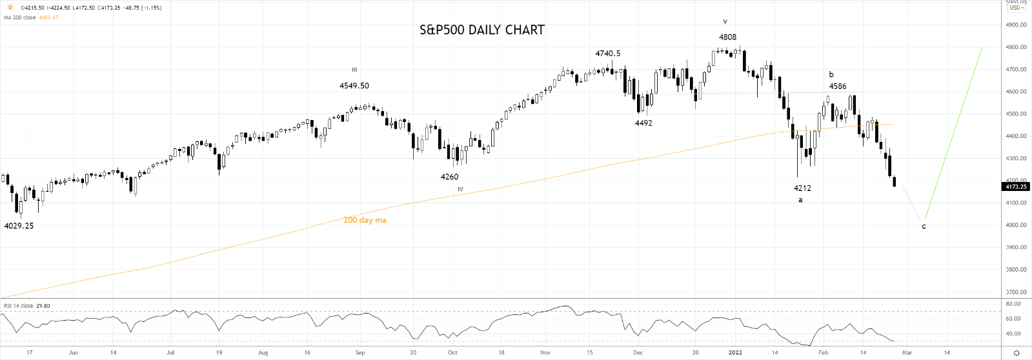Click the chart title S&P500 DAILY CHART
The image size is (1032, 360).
pos(482,30)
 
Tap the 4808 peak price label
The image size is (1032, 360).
pos(727,37)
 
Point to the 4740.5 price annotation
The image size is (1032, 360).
pos(607,54)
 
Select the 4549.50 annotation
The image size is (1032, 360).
pos(354,86)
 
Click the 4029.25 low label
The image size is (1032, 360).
pos(19,226)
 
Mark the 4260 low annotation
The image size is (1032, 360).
pos(449,177)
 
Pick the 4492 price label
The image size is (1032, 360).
pos(643,123)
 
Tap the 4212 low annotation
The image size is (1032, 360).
pos(802,188)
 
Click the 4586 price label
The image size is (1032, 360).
pos(838,86)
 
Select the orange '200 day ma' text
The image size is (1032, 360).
pos(365,220)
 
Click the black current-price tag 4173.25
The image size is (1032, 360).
pos(1016,187)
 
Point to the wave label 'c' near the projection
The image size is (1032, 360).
pos(924,226)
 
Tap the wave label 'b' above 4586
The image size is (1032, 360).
pos(831,75)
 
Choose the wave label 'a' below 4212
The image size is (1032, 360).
pos(800,200)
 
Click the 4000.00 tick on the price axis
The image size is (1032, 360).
pos(1016,225)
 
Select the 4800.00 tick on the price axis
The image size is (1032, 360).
pos(1016,47)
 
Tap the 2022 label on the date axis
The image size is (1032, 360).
pos(734,353)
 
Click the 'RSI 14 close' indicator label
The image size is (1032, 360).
pos(18,306)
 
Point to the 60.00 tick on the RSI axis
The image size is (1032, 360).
pos(1013,319)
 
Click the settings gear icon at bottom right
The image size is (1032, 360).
pos(1017,353)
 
